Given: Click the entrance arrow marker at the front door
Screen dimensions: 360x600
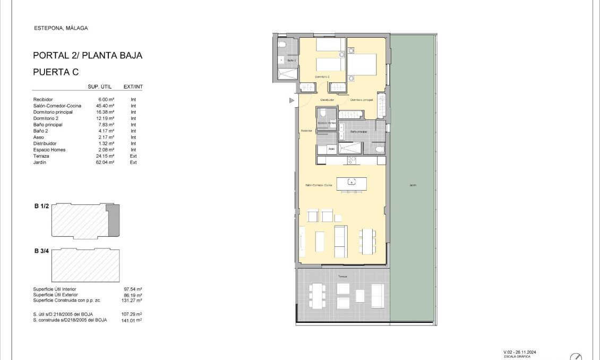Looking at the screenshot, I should click(291, 100).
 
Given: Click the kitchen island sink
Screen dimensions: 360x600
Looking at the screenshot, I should click(350, 182).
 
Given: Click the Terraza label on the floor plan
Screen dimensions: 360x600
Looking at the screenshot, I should click(342, 277).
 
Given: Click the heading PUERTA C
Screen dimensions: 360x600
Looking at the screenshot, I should click(56, 72).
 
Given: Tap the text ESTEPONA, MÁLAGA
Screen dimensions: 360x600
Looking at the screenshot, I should click(61, 28).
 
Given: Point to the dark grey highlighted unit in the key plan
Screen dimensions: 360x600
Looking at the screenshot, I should click(114, 221).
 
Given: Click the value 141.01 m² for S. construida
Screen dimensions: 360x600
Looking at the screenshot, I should click(132, 320).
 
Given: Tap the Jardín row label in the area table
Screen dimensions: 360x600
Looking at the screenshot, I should click(40, 162).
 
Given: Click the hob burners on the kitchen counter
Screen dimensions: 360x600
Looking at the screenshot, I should click(352, 160).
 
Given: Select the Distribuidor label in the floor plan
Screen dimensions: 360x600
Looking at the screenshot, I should click(327, 100).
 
